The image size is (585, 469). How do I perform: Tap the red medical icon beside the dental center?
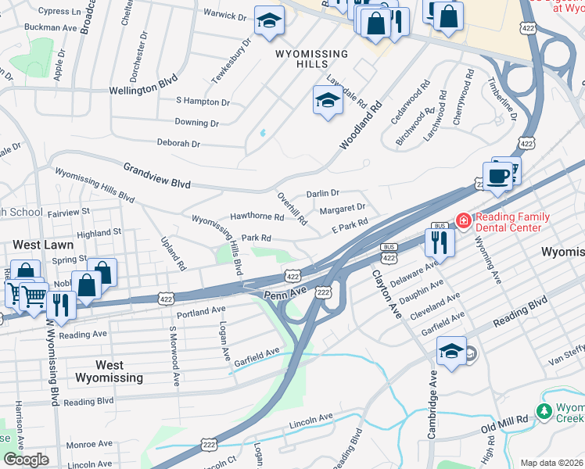(464, 222)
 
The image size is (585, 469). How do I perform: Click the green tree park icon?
(544, 410)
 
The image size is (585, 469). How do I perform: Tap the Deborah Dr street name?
(178, 144)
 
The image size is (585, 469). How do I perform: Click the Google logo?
(26, 459)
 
